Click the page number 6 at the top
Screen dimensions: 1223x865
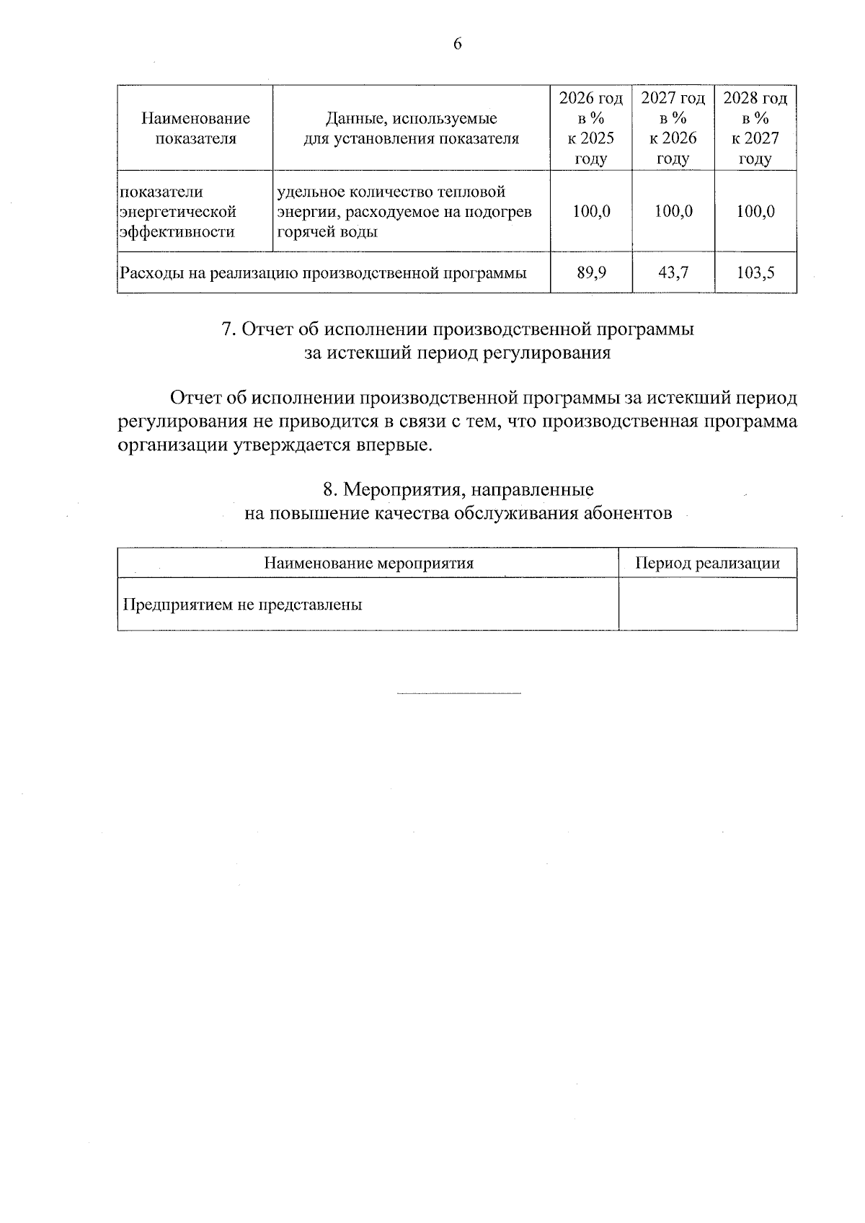tap(457, 44)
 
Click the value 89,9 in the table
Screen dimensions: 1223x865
tap(591, 273)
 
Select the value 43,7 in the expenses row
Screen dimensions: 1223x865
tap(673, 273)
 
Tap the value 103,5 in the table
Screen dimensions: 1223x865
tap(755, 273)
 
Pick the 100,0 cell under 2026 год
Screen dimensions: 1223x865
tap(591, 211)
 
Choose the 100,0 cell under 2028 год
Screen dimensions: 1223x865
tap(755, 211)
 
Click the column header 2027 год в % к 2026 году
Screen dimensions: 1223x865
tap(673, 128)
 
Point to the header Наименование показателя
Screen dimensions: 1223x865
tap(195, 128)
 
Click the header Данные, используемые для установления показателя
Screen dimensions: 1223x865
tap(411, 128)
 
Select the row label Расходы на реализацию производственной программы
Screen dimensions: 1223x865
tap(323, 273)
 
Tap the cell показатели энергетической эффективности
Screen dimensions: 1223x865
tap(178, 211)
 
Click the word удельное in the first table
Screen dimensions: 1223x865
tap(311, 192)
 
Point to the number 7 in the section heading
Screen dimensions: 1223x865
tap(226, 329)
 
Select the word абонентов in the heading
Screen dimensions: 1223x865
tap(629, 513)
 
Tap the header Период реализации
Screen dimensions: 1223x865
tap(707, 563)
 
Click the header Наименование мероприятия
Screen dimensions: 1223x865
tap(368, 563)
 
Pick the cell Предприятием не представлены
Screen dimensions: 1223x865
tap(243, 605)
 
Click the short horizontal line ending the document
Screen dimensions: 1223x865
tap(458, 694)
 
